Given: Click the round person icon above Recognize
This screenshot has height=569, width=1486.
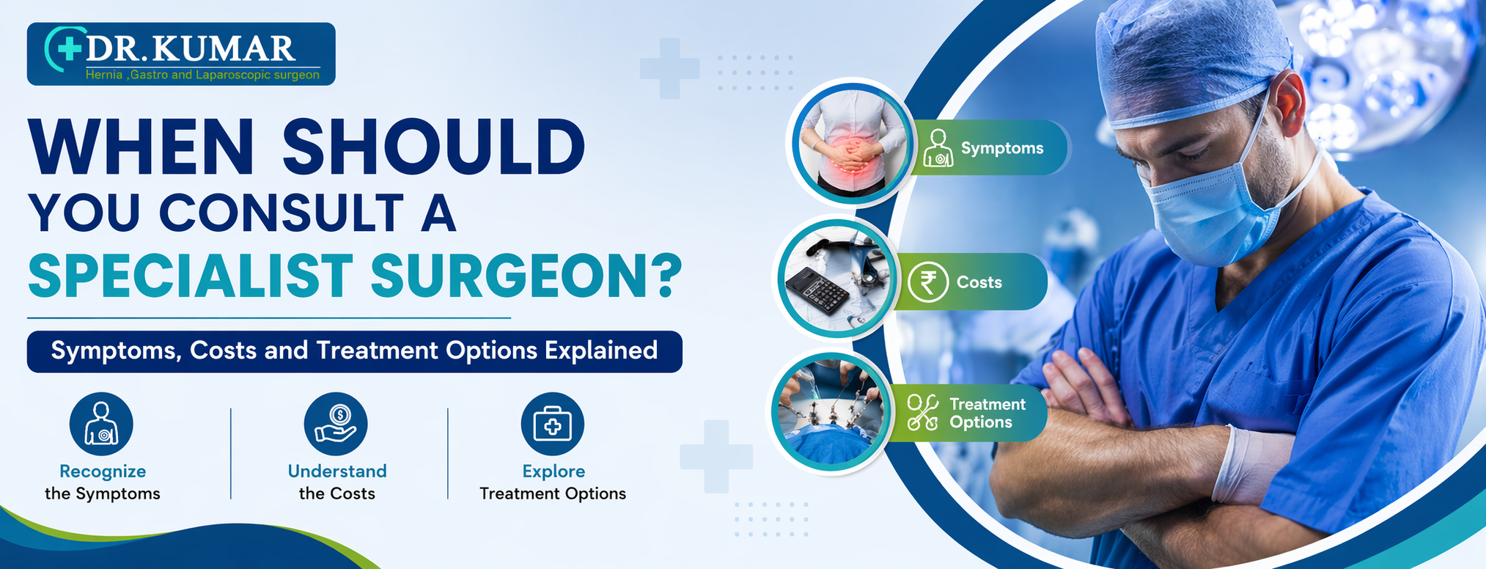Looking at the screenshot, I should (x=101, y=424).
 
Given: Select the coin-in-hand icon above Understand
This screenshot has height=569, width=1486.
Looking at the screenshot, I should (x=336, y=424).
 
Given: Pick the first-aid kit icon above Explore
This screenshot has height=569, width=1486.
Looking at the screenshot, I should (x=552, y=424).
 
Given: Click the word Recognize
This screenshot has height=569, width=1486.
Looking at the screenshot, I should (x=103, y=471).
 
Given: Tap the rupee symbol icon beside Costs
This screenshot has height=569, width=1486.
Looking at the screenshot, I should (x=927, y=282).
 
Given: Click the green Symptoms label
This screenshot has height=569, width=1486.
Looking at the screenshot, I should (x=990, y=148).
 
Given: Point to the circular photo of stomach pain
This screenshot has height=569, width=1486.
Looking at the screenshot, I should (x=850, y=142).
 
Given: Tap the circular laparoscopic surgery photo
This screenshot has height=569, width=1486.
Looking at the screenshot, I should (x=830, y=413).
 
